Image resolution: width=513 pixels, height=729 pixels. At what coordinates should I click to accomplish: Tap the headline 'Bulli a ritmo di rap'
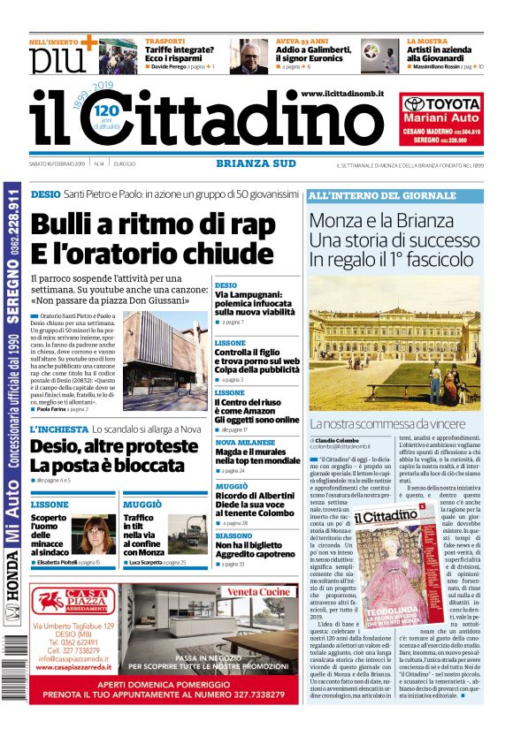153,224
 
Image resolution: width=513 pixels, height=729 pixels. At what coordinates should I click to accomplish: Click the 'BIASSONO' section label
234,535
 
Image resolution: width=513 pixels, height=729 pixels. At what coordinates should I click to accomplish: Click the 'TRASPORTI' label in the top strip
165,42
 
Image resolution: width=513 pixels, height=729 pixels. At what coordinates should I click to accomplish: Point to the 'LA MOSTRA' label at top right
427,42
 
